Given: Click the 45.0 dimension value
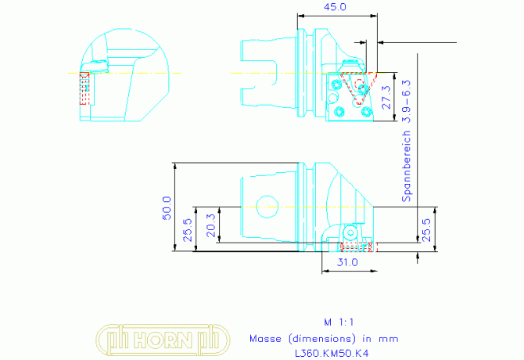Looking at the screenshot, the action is (x=336, y=7).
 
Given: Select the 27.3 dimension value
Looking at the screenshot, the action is (x=386, y=97).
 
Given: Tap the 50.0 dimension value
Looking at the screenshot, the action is (x=167, y=208).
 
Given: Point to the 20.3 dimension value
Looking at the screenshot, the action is (x=211, y=225).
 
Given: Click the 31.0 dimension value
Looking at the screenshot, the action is (x=347, y=262).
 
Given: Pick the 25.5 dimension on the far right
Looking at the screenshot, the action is (x=427, y=230).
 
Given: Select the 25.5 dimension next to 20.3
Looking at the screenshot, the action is (x=188, y=230).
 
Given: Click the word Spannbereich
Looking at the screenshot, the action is (x=406, y=166).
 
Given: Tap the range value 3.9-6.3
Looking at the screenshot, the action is (x=406, y=101).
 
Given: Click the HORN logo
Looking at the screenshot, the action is (x=163, y=340).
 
